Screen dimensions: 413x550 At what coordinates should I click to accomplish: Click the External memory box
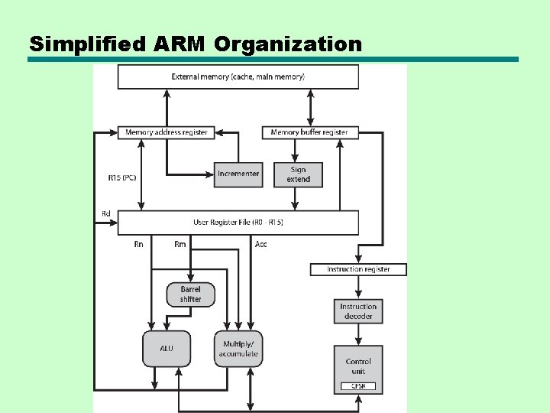[x=238, y=76]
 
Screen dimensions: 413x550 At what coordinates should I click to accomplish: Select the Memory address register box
[x=166, y=132]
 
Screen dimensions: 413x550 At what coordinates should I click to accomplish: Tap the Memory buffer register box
[x=309, y=132]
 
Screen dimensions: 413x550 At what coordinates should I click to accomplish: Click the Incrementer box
[x=238, y=174]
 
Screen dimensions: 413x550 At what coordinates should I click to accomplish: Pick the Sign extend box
[x=298, y=174]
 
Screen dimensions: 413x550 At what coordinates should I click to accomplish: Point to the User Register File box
[x=238, y=223]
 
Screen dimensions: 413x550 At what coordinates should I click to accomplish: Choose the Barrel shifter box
[x=190, y=294]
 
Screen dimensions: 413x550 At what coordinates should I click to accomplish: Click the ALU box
[x=167, y=349]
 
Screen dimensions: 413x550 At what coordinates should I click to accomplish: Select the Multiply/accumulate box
[x=238, y=349]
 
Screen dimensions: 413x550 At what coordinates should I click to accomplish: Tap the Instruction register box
[x=358, y=269]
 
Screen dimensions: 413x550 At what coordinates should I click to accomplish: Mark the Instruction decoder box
[x=358, y=311]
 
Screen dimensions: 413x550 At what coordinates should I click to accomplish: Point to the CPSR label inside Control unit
[x=358, y=386]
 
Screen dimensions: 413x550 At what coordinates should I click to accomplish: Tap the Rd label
[x=105, y=213]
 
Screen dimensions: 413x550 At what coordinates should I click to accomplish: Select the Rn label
[x=138, y=245]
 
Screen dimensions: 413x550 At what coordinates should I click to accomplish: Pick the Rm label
[x=180, y=245]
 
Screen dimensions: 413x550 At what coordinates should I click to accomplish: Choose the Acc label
[x=260, y=245]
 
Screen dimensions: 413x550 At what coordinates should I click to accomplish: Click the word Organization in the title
[x=288, y=44]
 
